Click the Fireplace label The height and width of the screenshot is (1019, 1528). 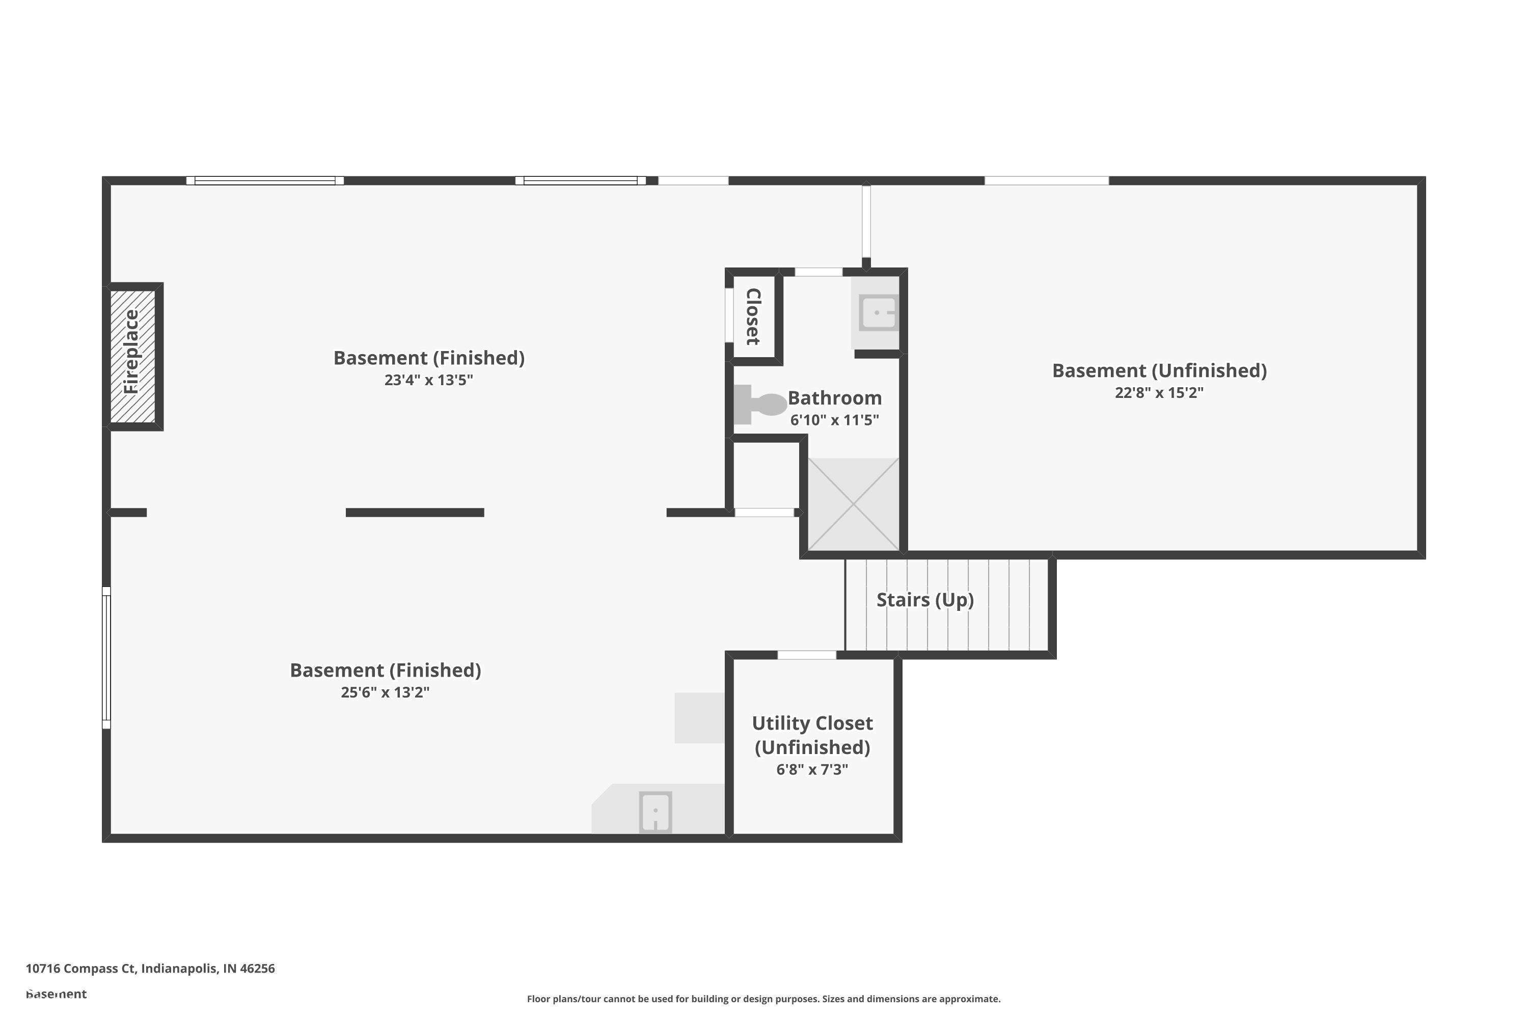coord(132,352)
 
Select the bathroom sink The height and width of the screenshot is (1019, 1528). coord(878,313)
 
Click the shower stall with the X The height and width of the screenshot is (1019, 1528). coord(853,504)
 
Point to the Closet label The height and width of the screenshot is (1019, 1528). coord(753,316)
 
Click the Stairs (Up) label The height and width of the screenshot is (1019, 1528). coord(924,600)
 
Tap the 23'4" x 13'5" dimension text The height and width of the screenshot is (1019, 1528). coord(428,380)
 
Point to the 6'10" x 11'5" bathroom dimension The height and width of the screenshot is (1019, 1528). coord(834,420)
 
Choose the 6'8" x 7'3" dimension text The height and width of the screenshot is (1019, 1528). coord(812,769)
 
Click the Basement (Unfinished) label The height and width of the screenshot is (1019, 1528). coord(1159,370)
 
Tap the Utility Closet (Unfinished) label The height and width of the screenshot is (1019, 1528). coord(812,735)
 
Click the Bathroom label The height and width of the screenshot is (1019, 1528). coord(834,398)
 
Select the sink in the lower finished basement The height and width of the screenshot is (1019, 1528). coord(655,811)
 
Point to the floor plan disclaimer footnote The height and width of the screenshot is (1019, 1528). coord(763,999)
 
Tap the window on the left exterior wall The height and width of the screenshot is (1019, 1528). coord(106,657)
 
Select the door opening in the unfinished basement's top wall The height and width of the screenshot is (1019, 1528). coord(1046,181)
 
